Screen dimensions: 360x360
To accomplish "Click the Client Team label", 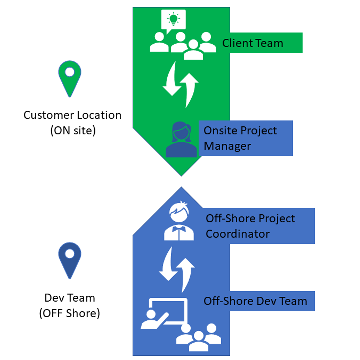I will [252, 43].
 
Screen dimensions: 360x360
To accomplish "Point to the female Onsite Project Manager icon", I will [181, 140].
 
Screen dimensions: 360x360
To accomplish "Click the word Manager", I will [227, 146].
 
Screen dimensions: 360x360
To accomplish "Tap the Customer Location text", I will [72, 115].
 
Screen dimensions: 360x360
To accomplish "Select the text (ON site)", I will [73, 131].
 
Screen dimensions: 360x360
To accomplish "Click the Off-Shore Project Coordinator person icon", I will [179, 221].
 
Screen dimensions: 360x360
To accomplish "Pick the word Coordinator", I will [237, 234].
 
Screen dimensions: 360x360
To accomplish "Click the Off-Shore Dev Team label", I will [255, 301].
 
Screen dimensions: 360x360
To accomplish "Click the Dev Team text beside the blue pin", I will [70, 298].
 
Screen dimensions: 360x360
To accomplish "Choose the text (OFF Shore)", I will [69, 313].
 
